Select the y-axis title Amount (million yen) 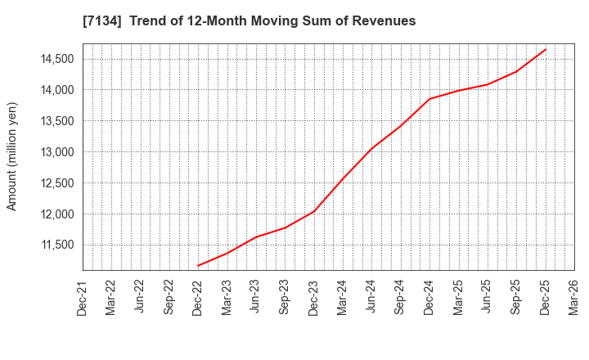tap(12, 156)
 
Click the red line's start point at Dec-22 tap(198, 266)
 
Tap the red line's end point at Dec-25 tap(545, 49)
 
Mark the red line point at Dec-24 tap(429, 99)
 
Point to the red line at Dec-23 tap(314, 212)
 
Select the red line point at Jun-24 tap(371, 149)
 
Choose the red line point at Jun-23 tap(256, 237)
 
